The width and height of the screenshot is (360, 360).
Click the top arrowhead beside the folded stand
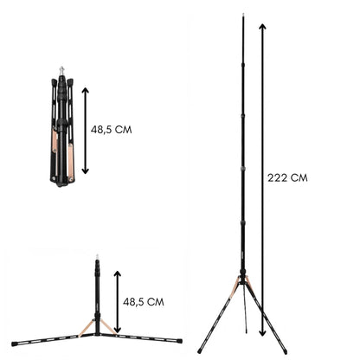[84, 87]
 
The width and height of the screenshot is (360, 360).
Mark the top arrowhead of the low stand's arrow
[117, 273]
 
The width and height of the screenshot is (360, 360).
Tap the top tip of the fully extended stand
[243, 15]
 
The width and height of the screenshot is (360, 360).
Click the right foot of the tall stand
[286, 352]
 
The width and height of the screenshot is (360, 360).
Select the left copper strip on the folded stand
[55, 138]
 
